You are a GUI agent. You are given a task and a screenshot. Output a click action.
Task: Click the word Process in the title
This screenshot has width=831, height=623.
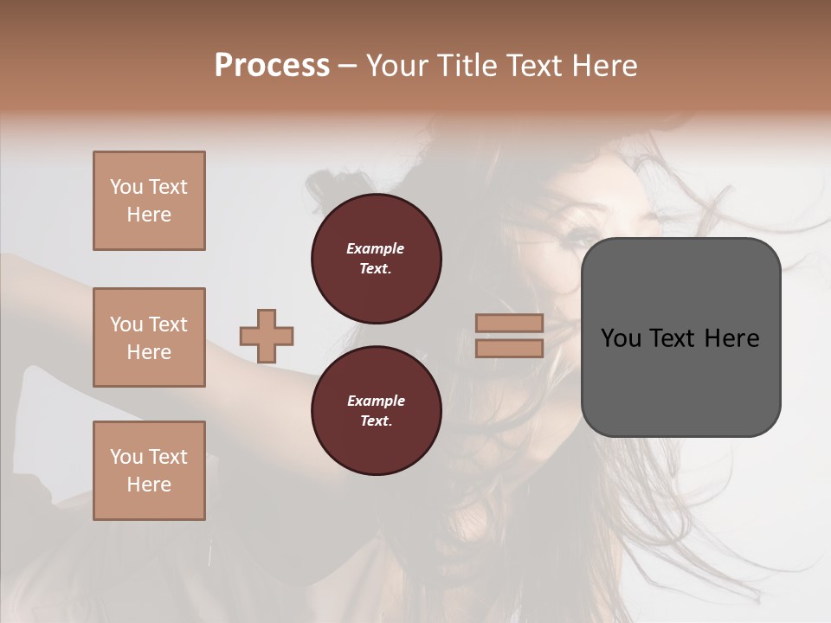tap(272, 66)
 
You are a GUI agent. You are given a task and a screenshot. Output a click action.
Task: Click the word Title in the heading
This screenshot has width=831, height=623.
tap(465, 66)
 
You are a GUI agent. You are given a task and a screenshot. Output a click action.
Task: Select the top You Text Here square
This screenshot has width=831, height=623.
tap(149, 201)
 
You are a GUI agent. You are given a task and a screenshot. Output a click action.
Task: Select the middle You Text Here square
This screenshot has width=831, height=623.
tap(149, 337)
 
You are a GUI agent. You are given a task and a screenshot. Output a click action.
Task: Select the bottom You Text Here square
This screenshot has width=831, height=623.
tap(149, 471)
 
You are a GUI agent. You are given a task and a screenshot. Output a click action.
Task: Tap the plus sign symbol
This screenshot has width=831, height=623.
tap(267, 336)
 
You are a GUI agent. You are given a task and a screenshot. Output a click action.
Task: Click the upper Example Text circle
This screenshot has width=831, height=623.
tap(376, 259)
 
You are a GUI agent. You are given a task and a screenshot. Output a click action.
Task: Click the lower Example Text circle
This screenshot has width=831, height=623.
tap(376, 411)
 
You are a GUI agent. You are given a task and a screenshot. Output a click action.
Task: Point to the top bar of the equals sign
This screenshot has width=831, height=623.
tap(509, 324)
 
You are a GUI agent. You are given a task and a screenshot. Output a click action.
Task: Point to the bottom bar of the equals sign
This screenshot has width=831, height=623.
tap(509, 349)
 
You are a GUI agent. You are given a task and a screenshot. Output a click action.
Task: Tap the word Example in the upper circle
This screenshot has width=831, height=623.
tap(375, 249)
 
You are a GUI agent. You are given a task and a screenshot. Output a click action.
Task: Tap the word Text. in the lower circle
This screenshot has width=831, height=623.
tap(375, 421)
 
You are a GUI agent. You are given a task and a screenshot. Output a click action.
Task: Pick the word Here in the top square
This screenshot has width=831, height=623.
tap(149, 215)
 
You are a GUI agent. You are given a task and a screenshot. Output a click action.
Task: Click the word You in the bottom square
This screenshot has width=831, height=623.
tap(126, 457)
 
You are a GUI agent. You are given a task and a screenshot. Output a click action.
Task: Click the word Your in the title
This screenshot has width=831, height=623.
tap(397, 66)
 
